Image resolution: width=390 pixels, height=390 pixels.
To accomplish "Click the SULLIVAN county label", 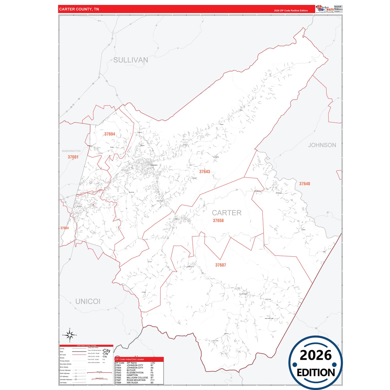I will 131,60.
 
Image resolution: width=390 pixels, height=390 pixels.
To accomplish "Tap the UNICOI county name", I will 88,301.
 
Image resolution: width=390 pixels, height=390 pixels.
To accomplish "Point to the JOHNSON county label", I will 322,145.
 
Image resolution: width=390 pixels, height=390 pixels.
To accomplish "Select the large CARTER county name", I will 226,213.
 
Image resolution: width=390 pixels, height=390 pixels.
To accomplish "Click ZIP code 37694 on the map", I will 110,134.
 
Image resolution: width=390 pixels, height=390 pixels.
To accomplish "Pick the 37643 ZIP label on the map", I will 205,172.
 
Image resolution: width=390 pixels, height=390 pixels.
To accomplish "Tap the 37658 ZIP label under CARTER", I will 218,221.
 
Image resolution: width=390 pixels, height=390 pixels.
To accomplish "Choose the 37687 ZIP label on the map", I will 221,265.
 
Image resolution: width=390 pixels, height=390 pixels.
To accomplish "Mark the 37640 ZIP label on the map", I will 304,184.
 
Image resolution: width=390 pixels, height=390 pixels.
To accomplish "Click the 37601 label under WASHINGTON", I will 73,157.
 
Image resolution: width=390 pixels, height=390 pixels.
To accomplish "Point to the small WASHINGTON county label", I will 71,151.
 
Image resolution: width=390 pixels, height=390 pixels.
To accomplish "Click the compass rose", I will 70,335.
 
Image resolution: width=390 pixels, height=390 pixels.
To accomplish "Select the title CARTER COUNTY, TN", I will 79,9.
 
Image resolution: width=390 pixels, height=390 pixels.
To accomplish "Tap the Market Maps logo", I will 325,9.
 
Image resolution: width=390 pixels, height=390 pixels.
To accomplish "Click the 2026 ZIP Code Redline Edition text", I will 291,11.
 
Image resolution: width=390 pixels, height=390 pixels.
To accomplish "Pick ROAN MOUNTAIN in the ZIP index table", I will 136,380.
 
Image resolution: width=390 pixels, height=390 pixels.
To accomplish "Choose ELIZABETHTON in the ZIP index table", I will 135,373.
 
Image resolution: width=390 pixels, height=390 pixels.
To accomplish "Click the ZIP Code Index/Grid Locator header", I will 130,359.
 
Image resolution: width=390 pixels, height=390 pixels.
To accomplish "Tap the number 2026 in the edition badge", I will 316,355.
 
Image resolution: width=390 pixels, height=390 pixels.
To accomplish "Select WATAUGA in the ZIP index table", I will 132,382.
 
